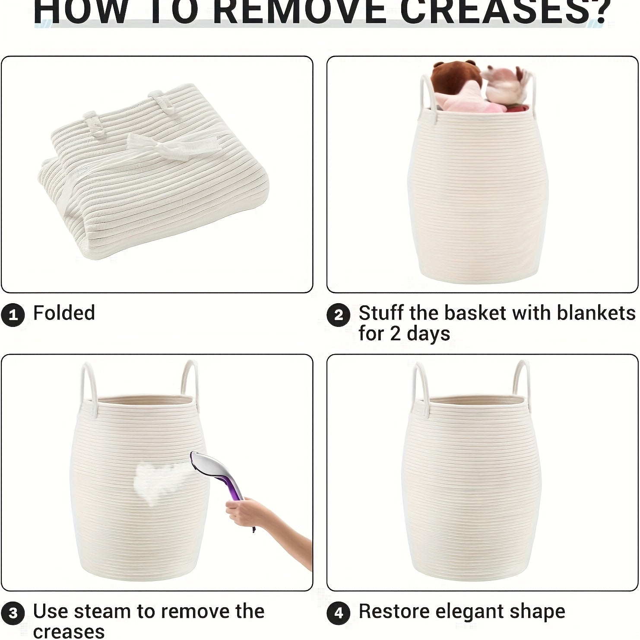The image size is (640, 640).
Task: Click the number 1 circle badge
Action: click(13, 315)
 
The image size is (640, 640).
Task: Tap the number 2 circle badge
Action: click(339, 315)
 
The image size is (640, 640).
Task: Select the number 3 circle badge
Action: click(13, 614)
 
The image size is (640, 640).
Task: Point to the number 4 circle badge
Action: click(339, 614)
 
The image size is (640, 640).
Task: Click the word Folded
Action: click(64, 313)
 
